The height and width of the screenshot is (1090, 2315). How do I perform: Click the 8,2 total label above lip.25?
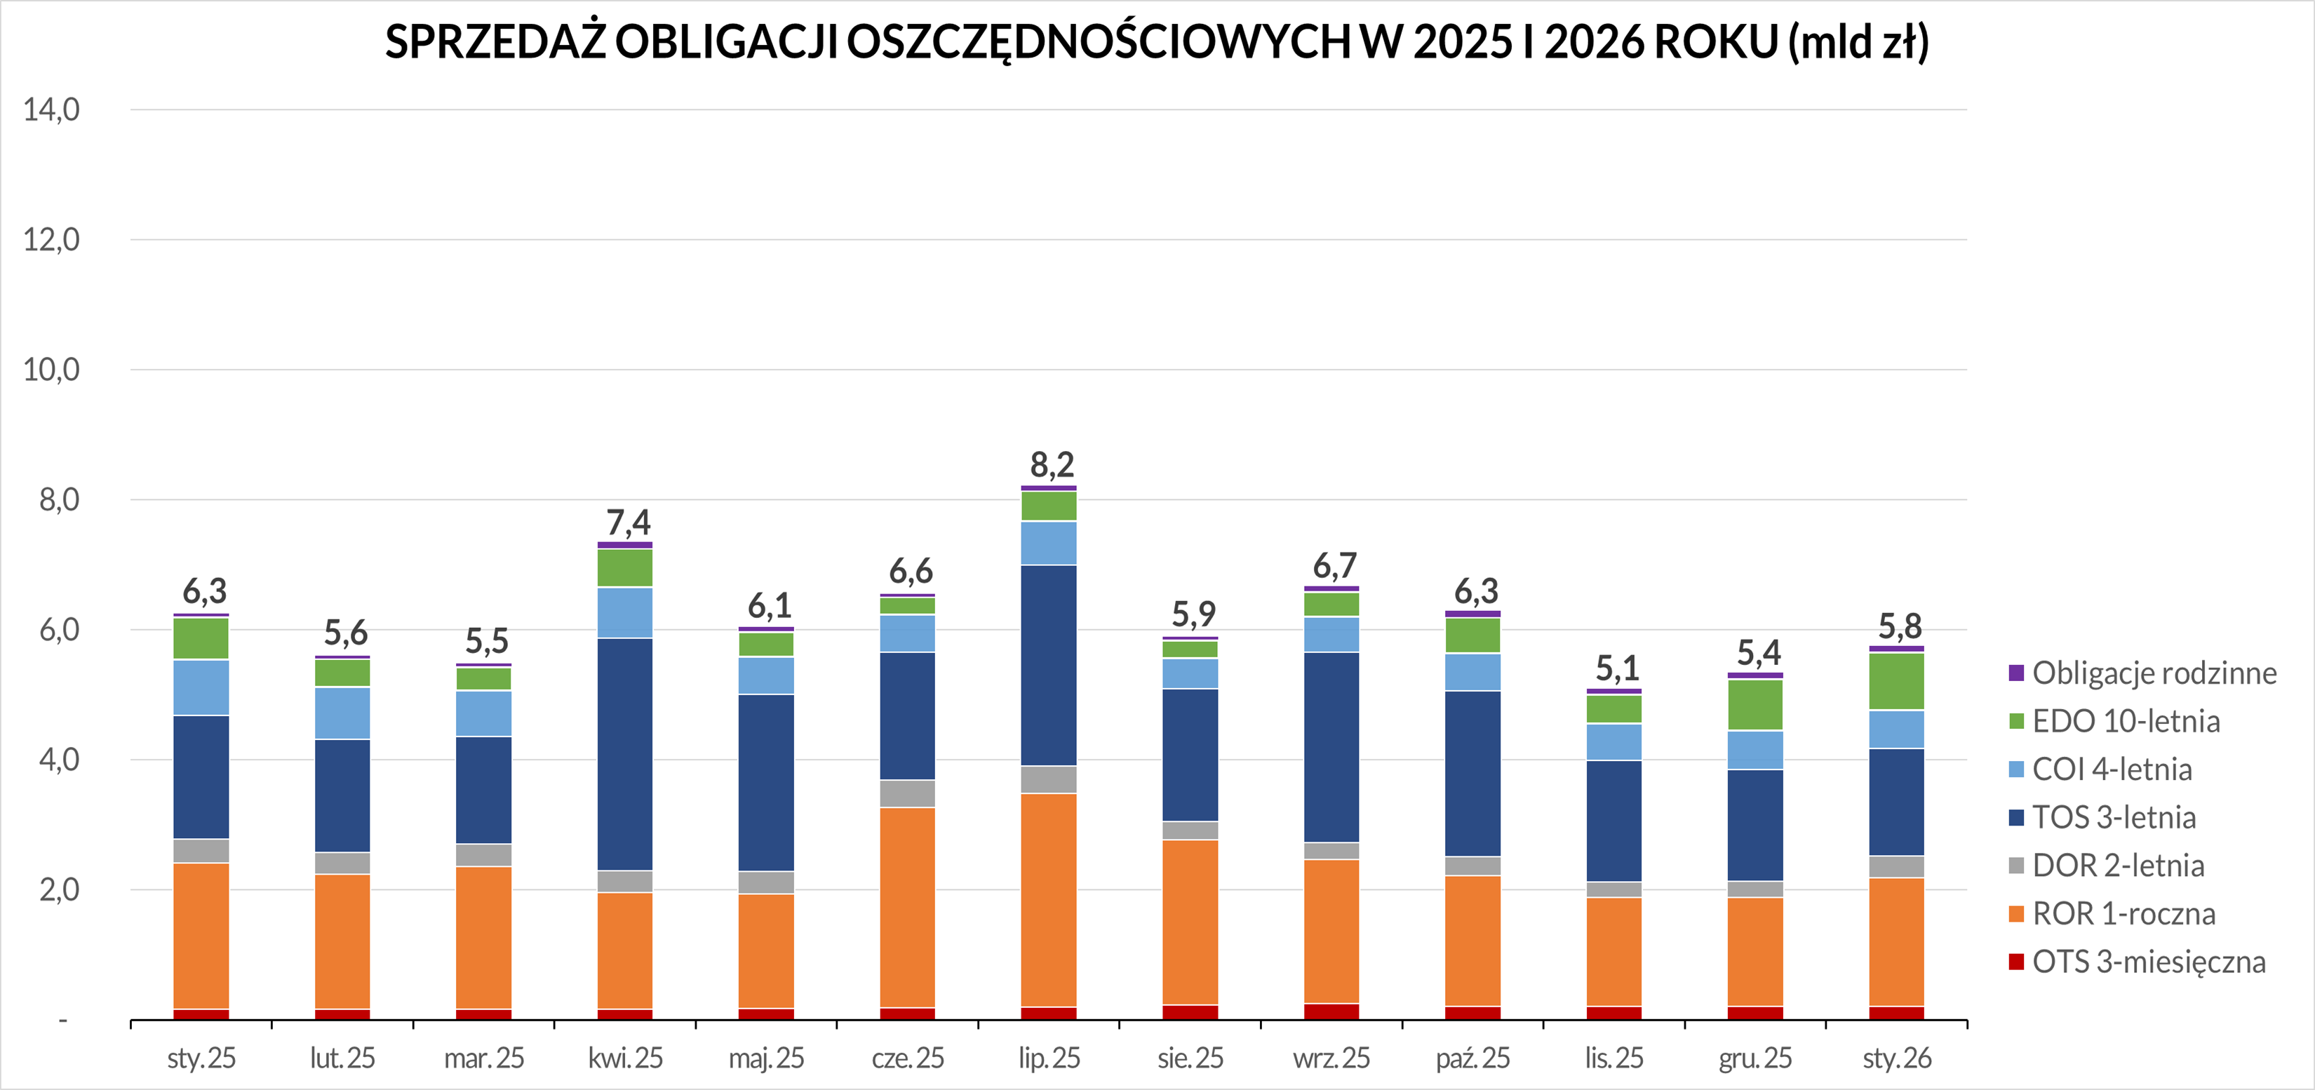tap(1052, 464)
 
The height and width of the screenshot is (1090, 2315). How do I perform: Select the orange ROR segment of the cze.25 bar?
tap(908, 908)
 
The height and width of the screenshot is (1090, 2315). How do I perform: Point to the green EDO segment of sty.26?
tap(1896, 681)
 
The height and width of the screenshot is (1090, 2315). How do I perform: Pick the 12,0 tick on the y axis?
tap(51, 240)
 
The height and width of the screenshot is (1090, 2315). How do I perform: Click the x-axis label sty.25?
tap(201, 1058)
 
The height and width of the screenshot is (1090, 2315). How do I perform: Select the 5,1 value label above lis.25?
tap(1617, 668)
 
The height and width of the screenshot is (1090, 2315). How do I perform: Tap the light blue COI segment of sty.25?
tap(201, 687)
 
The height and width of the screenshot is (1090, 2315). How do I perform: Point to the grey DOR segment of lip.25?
tap(1049, 779)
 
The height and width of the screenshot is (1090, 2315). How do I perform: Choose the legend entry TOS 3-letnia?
tap(2114, 818)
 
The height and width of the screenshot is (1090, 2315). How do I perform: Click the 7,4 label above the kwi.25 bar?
tap(627, 522)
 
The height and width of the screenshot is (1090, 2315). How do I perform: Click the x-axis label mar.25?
tap(483, 1058)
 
